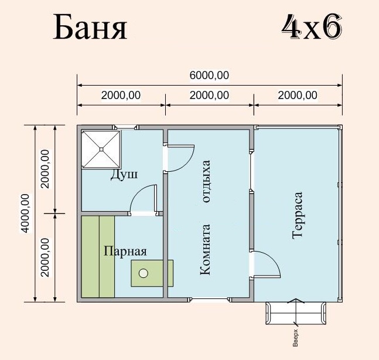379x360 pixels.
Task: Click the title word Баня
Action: point(90,27)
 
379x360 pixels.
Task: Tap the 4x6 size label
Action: point(312,26)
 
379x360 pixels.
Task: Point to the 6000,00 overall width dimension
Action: point(209,76)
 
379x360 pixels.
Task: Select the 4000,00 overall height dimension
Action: point(25,213)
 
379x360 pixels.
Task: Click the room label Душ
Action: point(124,174)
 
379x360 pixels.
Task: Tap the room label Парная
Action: point(125,251)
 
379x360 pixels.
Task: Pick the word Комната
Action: point(206,249)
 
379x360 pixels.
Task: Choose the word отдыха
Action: point(206,181)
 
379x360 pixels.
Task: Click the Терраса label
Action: point(298,216)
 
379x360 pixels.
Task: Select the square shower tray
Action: point(101,150)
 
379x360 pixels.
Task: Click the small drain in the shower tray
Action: point(101,150)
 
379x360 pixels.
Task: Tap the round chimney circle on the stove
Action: point(144,273)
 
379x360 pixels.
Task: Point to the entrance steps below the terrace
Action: point(296,313)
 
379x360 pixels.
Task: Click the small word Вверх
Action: point(295,338)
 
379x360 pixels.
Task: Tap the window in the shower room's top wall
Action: point(126,127)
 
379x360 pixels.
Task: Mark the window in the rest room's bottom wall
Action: point(210,300)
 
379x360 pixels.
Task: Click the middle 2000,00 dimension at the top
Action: point(209,96)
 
